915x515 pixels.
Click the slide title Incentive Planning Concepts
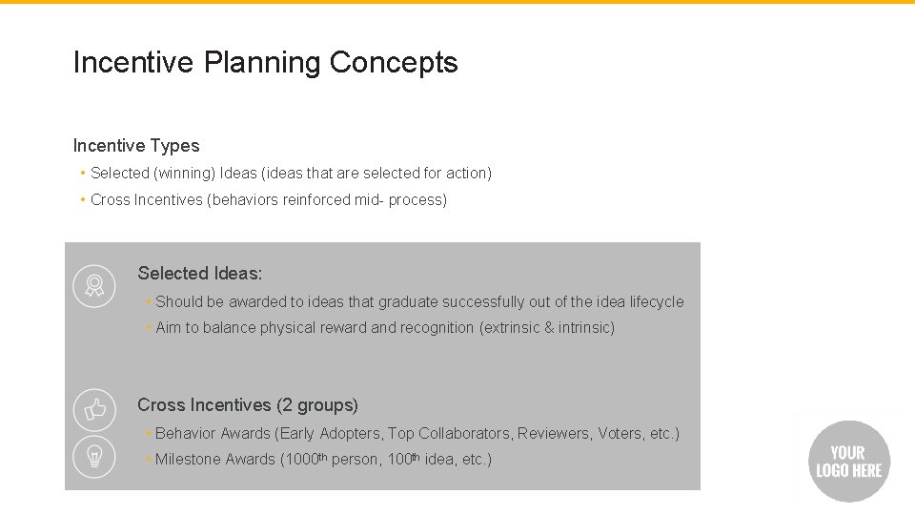[265, 63]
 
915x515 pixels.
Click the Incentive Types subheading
[136, 146]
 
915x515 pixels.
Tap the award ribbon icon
[94, 285]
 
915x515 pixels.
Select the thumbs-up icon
[94, 410]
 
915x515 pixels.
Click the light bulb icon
[94, 456]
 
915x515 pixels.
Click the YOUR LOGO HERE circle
[848, 462]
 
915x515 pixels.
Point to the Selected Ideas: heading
[199, 274]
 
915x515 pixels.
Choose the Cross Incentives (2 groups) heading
[248, 405]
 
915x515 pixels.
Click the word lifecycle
[656, 302]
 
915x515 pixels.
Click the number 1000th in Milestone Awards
[306, 460]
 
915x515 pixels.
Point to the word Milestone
[188, 460]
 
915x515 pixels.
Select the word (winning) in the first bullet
[184, 174]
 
